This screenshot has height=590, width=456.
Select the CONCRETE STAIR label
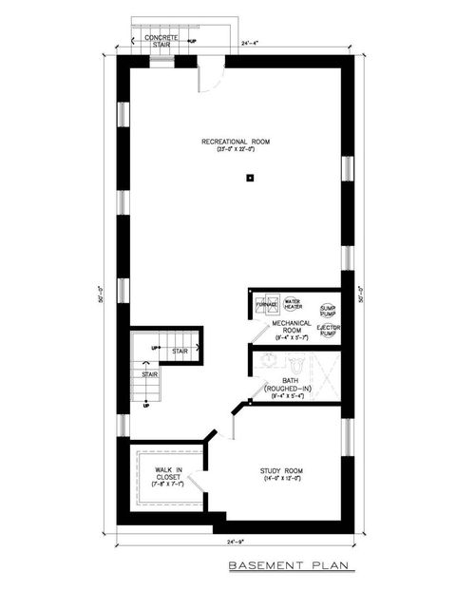[x=158, y=40]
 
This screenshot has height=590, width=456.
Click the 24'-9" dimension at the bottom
[x=236, y=542]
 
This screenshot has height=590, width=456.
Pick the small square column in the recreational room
[x=249, y=177]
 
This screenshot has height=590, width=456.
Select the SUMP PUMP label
[x=328, y=310]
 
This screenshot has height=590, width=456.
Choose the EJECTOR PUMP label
[x=328, y=331]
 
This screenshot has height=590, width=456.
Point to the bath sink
[x=265, y=361]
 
